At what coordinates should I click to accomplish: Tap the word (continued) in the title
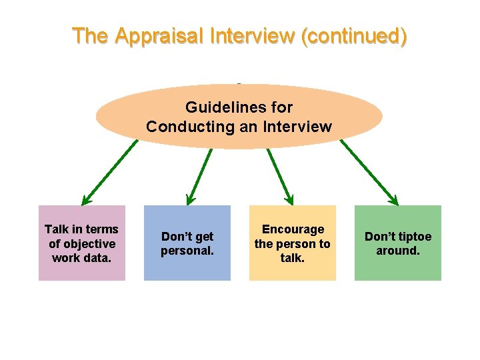tap(354, 35)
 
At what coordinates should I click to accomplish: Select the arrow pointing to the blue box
tap(200, 175)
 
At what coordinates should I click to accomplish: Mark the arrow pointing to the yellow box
tap(279, 175)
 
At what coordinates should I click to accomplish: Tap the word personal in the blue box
tap(187, 251)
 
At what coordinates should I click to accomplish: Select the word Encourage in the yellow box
tap(293, 229)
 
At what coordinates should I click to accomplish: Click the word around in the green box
tap(398, 251)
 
